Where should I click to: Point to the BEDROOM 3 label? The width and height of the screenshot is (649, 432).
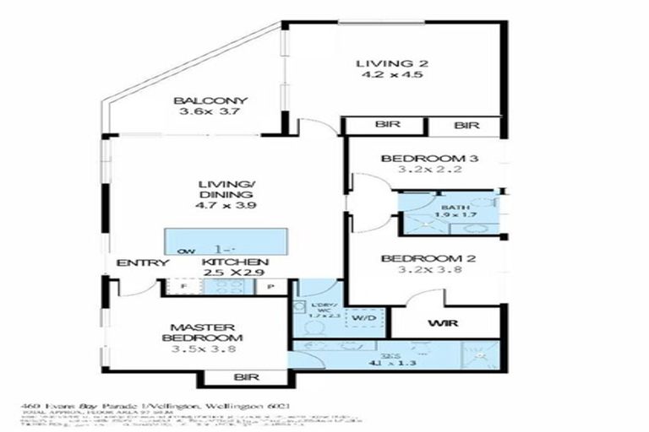coord(423,158)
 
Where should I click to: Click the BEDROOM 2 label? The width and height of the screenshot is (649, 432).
coord(423,258)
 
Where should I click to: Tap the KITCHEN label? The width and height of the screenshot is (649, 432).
coord(236,262)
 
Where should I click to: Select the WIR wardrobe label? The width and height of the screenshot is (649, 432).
coord(437,323)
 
